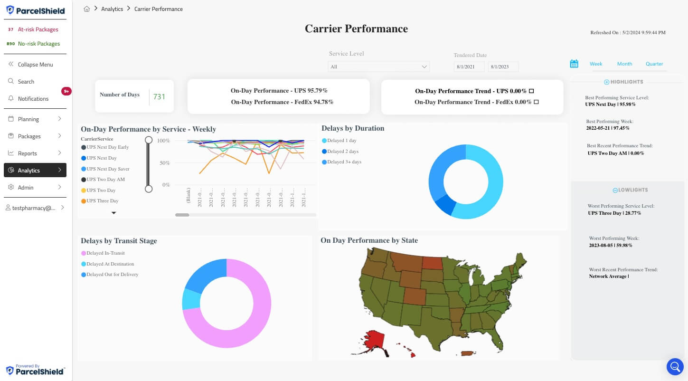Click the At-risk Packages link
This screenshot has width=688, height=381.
pos(38,29)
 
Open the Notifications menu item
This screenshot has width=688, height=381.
pos(33,99)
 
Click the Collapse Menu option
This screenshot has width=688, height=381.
pos(35,65)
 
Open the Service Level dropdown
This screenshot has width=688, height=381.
pos(378,67)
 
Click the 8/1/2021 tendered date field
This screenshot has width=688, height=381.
pos(469,67)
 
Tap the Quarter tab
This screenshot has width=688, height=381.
pos(654,64)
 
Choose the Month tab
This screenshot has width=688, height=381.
pos(624,64)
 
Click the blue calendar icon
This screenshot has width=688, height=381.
pos(574,64)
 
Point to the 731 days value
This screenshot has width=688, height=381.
pos(159,97)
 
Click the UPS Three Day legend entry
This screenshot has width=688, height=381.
pos(102,201)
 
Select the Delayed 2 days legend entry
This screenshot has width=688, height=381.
pos(342,152)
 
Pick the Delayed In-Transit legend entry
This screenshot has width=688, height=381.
pos(105,253)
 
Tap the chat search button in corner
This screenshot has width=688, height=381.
pos(675,366)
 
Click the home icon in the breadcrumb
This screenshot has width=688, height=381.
pos(87,9)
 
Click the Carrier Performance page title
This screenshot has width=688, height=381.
pos(356,29)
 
